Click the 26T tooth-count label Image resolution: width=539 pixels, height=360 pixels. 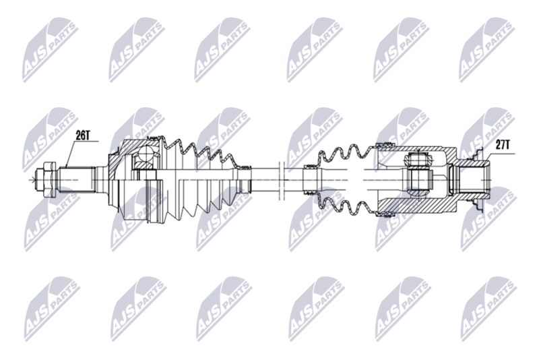(82, 136)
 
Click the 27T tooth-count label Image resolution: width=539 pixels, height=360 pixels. (502, 145)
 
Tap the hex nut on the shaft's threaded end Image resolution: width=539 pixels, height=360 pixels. (46, 180)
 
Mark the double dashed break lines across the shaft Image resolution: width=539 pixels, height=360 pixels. (282, 180)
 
